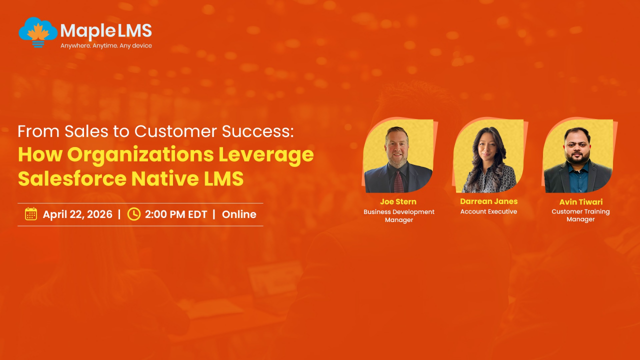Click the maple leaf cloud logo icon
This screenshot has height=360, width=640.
click(38, 32)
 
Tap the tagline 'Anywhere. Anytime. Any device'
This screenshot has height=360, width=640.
click(106, 45)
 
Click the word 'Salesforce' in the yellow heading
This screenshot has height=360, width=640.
click(72, 178)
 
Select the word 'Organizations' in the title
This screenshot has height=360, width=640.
click(140, 154)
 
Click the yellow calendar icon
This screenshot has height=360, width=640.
click(31, 213)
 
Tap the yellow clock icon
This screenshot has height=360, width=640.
click(133, 214)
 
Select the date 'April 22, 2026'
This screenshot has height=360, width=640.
click(77, 214)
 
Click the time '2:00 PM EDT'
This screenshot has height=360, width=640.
click(176, 214)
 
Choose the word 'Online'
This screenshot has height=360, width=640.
click(239, 214)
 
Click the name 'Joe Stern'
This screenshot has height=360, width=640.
click(398, 201)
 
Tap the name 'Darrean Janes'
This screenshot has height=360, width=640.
click(489, 201)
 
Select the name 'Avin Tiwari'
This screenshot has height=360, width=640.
click(581, 202)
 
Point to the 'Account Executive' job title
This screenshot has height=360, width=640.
click(488, 211)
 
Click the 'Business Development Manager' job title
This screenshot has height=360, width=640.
click(399, 215)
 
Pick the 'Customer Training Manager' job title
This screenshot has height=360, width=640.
click(580, 215)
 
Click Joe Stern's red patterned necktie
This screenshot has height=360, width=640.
click(399, 181)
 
